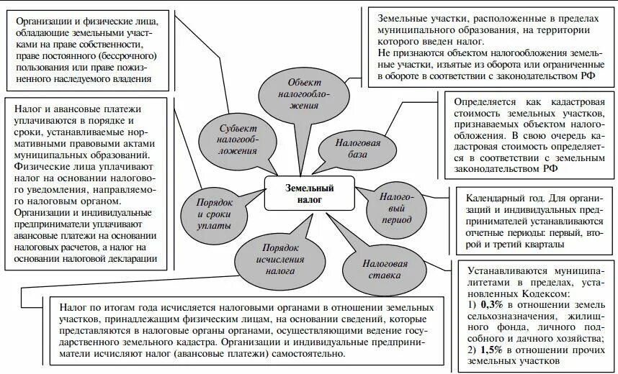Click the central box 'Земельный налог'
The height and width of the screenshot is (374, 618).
[x=310, y=193]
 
